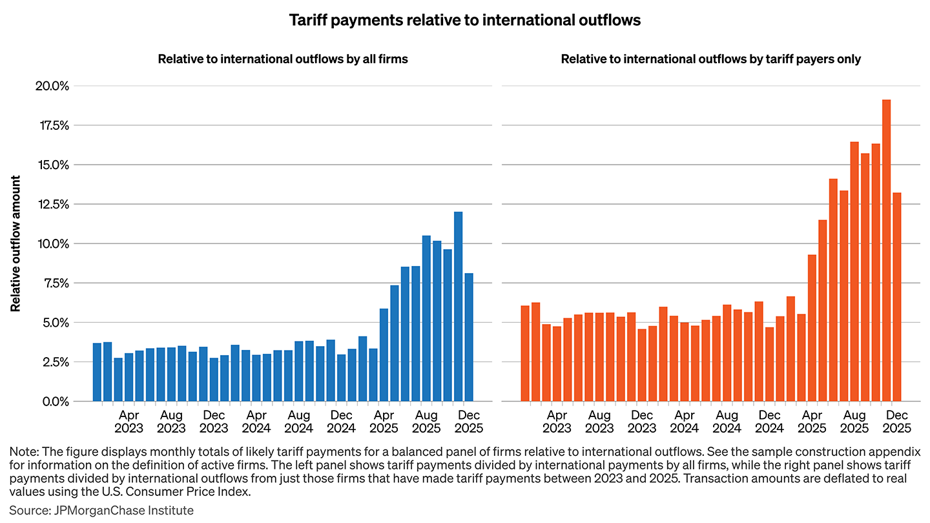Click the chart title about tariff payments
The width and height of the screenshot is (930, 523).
(464, 20)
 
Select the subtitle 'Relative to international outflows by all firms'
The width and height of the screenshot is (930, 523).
(283, 59)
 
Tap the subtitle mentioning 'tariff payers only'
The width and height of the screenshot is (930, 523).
(710, 59)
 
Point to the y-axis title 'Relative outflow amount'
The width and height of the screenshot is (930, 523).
(15, 243)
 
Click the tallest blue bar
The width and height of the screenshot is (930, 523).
(458, 306)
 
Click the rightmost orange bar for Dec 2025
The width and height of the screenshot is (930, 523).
(896, 297)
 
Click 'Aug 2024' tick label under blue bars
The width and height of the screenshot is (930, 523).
(299, 421)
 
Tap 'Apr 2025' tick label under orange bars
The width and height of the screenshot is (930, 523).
(812, 421)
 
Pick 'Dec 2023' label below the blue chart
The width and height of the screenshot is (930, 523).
(214, 421)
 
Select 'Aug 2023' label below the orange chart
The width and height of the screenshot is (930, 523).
(599, 421)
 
